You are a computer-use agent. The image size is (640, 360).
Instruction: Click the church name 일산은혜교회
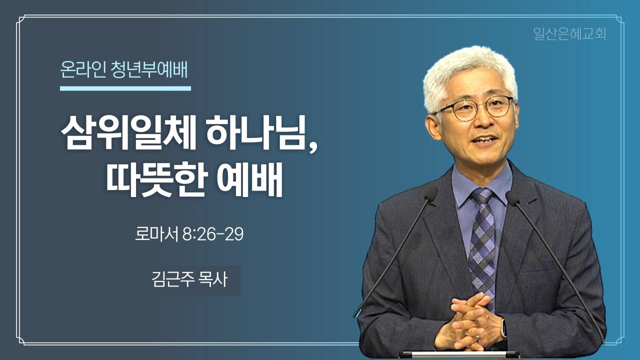569,34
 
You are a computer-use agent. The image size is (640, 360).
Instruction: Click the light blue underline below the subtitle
125,88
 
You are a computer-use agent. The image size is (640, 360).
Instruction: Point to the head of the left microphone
430,194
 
